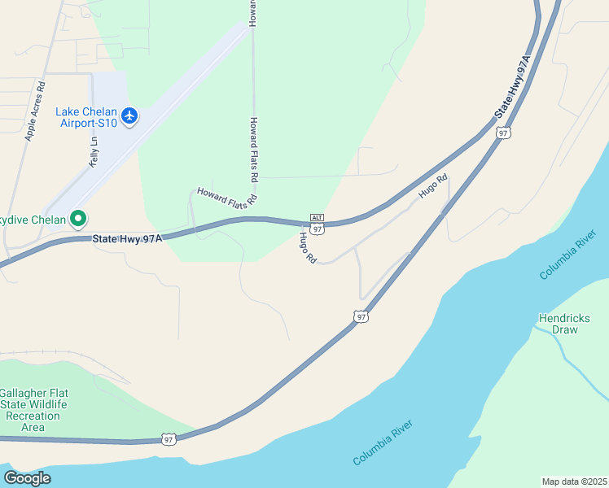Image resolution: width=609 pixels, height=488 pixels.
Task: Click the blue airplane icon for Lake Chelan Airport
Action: click(129, 117)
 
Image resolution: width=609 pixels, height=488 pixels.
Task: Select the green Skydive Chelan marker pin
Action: click(78, 218)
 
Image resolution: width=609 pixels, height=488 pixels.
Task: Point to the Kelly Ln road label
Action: click(93, 151)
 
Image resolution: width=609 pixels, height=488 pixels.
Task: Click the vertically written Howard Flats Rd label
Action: click(254, 149)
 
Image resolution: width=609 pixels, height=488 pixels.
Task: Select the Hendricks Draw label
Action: click(563, 324)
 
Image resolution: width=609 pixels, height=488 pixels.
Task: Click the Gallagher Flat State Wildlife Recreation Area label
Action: click(33, 409)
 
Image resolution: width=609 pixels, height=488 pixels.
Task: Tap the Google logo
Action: click(26, 478)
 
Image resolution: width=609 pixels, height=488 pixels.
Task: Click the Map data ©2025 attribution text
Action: click(574, 481)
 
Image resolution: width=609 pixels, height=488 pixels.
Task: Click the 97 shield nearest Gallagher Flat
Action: click(168, 439)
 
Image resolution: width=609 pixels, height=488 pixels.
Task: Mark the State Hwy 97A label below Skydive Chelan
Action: click(127, 238)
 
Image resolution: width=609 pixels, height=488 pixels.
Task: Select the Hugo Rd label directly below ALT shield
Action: click(307, 247)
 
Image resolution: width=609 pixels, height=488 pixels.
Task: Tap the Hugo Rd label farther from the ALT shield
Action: click(433, 187)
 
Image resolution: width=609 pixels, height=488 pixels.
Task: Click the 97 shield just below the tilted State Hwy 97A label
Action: click(503, 133)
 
